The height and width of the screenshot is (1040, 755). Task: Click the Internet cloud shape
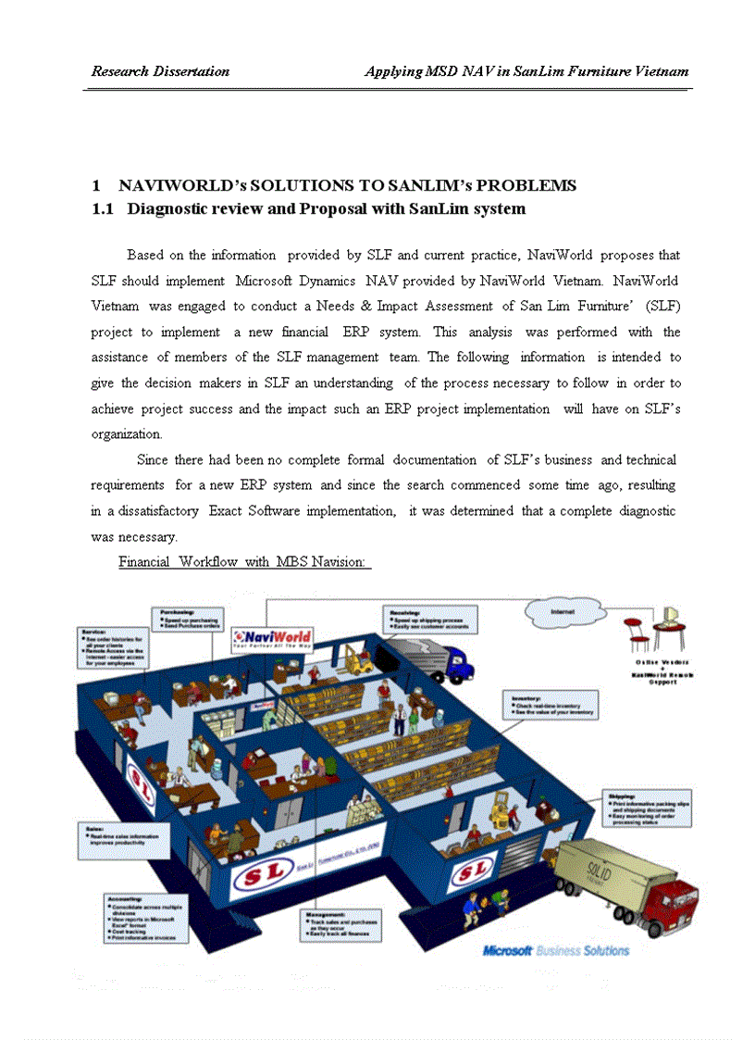(x=562, y=612)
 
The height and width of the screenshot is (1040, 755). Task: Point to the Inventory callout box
(x=551, y=704)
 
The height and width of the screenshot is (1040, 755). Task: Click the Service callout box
(x=114, y=647)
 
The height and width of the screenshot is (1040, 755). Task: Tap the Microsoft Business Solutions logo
(x=555, y=951)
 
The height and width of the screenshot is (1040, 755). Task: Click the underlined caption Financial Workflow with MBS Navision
(x=244, y=562)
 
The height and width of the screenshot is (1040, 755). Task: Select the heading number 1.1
(x=103, y=209)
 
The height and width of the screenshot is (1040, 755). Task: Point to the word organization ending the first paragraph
(x=127, y=433)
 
